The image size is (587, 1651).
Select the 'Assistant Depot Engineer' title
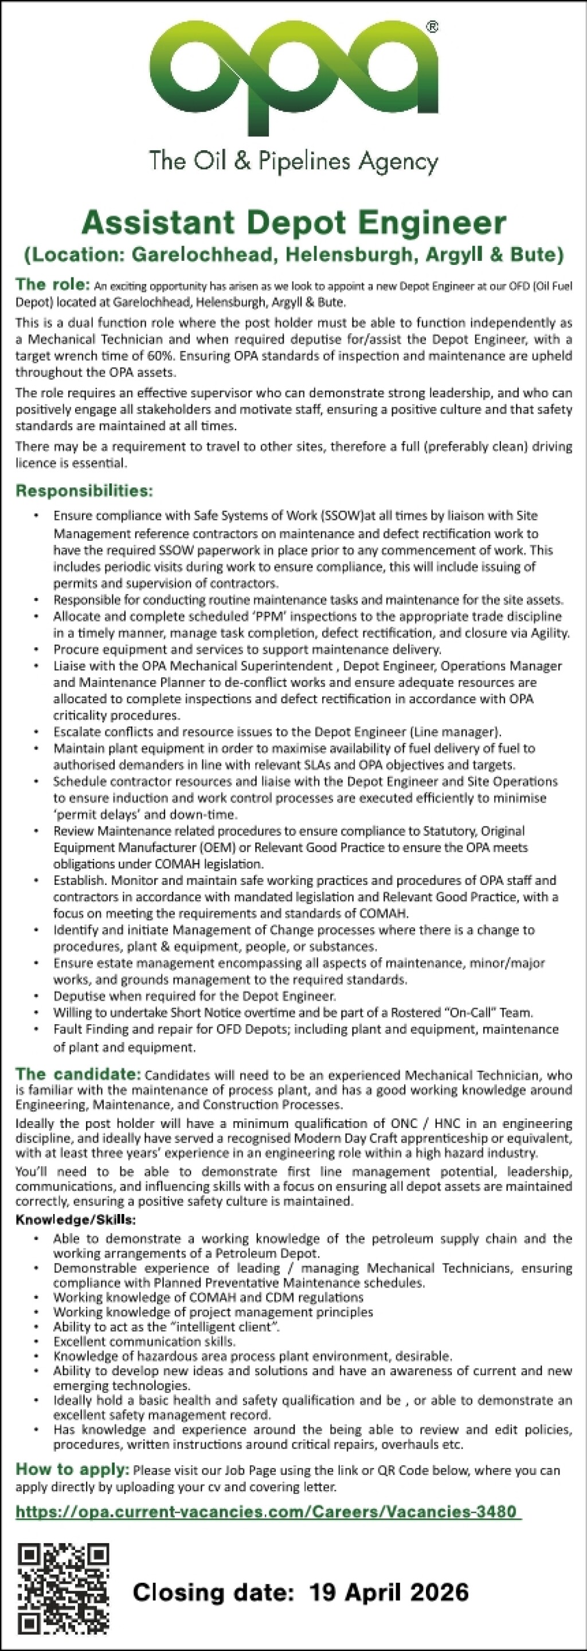pyautogui.click(x=293, y=223)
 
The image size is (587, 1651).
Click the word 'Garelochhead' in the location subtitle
pyautogui.click(x=205, y=255)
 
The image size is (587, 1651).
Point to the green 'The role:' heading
pyautogui.click(x=53, y=284)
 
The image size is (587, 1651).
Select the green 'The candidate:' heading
pyautogui.click(x=78, y=1074)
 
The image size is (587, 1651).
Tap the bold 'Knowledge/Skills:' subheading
pyautogui.click(x=76, y=1219)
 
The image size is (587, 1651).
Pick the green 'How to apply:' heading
pyautogui.click(x=72, y=1469)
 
